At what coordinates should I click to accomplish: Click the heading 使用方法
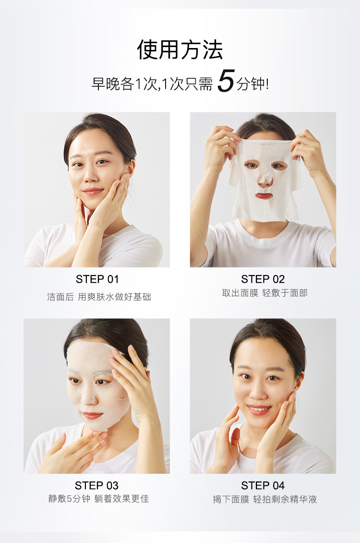[x=180, y=49]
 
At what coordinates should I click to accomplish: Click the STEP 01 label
[x=97, y=279]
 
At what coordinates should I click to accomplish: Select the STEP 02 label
[x=263, y=279]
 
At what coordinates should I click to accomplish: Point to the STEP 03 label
[x=96, y=485]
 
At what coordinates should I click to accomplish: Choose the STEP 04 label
[x=263, y=485]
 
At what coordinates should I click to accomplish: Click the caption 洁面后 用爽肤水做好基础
[x=99, y=297]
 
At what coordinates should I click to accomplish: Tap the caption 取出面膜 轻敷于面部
[x=265, y=293]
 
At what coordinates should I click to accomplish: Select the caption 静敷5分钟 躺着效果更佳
[x=99, y=499]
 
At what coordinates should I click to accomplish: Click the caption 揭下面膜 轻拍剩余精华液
[x=265, y=499]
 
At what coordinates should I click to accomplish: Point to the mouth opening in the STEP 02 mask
[x=264, y=196]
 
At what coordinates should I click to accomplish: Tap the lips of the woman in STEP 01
[x=93, y=192]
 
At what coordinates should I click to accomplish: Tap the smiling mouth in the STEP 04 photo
[x=259, y=410]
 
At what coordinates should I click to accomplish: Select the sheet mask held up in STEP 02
[x=265, y=180]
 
